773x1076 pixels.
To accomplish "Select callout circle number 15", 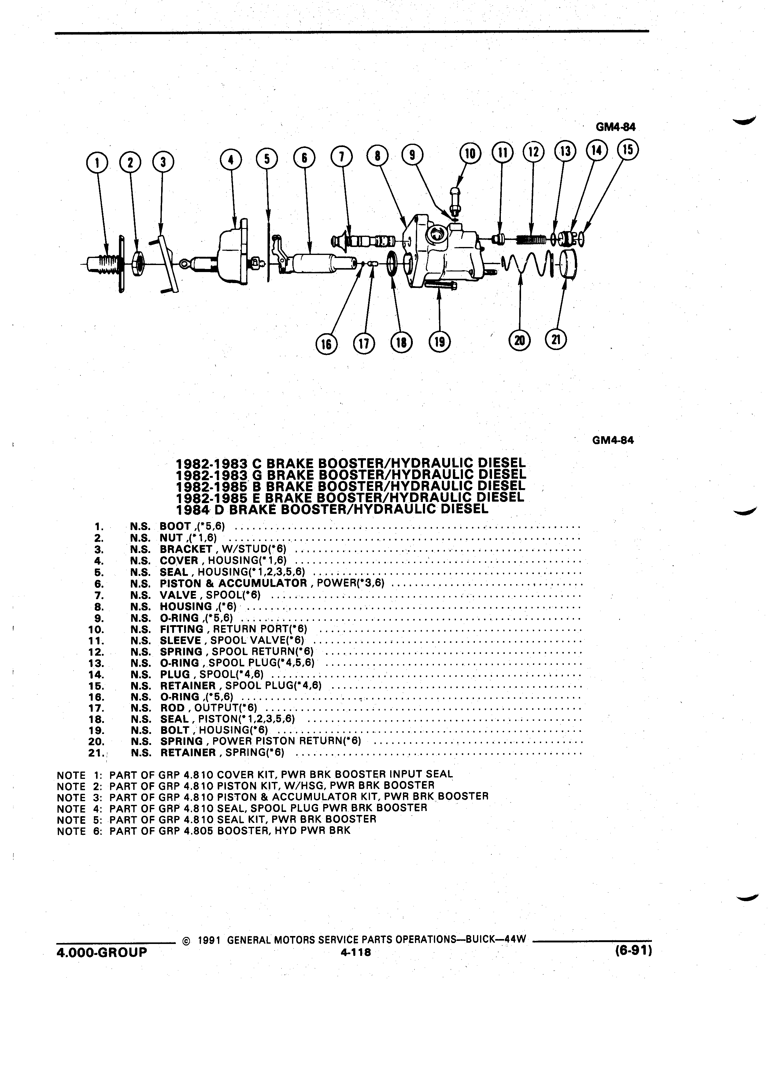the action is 627,149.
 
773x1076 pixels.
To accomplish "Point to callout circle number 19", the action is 439,341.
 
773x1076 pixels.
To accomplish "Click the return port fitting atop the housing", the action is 455,201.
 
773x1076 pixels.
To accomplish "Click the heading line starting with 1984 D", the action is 332,509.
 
